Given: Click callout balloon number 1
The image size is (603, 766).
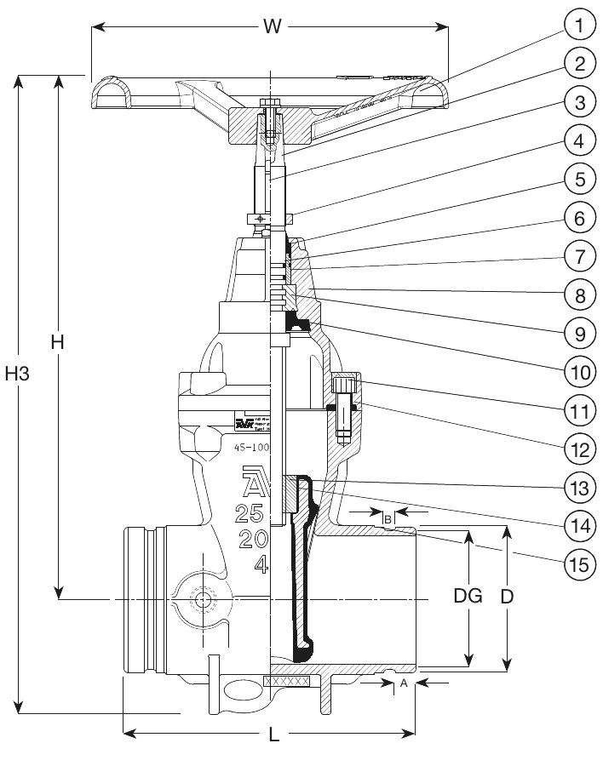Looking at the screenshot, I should pos(578,26).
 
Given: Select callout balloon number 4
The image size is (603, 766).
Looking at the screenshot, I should pos(578,140).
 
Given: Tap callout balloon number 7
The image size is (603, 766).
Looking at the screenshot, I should pos(578,254).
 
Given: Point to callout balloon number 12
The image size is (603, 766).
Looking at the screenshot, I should pos(578,446).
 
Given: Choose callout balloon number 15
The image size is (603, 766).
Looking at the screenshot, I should pos(578,561).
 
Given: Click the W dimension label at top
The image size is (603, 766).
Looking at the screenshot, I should pos(272,26).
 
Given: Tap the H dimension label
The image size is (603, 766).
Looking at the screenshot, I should pos(57,341).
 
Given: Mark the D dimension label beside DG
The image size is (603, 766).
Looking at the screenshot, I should pos(508,597).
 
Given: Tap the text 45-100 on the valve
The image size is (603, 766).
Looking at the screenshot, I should pos(251,447).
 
